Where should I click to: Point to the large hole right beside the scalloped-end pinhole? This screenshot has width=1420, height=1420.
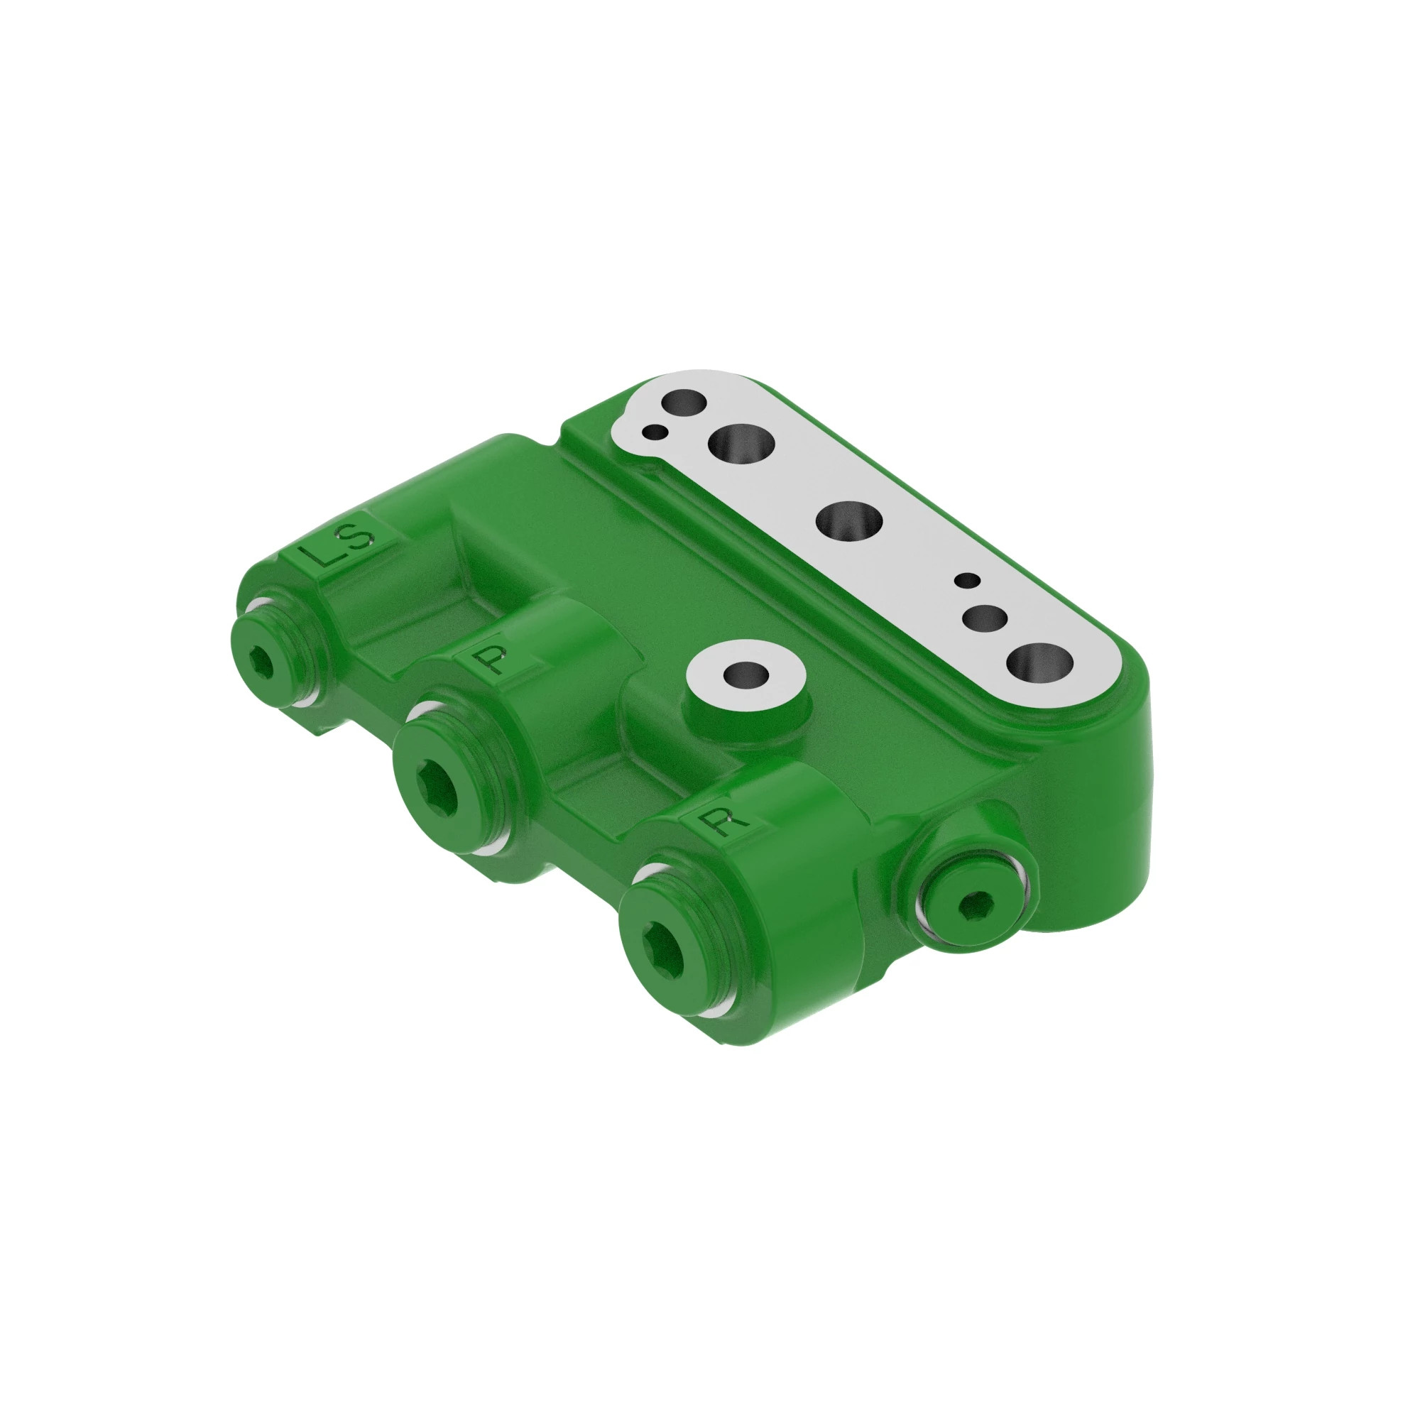point(741,443)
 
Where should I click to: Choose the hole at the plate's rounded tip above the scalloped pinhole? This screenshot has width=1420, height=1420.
point(684,402)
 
